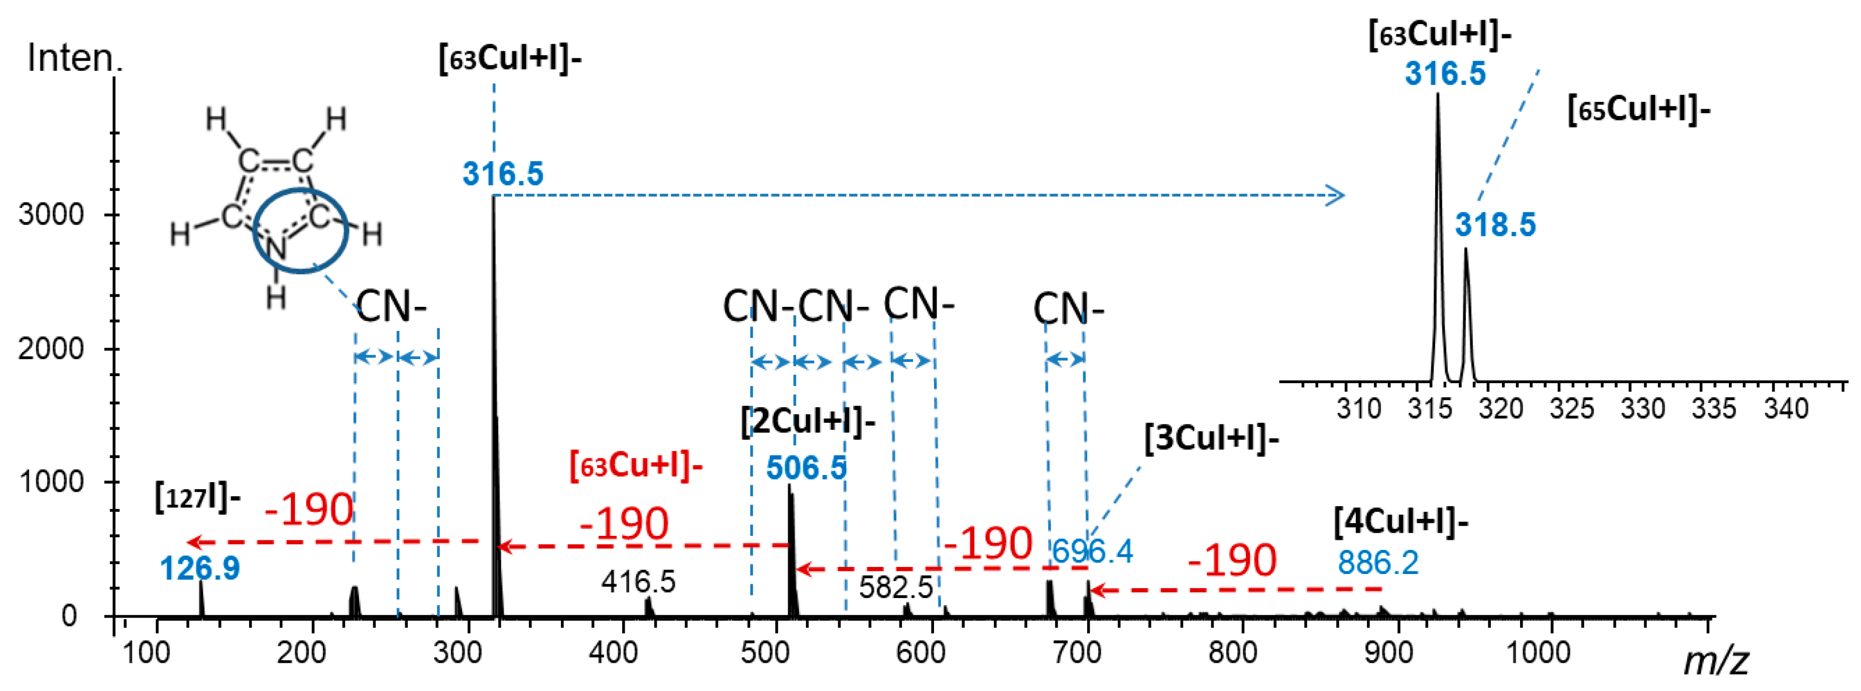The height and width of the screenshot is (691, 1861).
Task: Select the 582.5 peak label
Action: [896, 587]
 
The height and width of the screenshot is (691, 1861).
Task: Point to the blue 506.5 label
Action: [805, 469]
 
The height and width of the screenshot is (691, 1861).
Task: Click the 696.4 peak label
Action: [1092, 551]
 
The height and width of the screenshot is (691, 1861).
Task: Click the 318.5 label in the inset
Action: [1495, 225]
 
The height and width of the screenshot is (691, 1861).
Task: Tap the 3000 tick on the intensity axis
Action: [51, 214]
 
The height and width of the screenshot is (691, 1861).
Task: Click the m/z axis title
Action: [1715, 660]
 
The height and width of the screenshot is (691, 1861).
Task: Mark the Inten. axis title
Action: [74, 58]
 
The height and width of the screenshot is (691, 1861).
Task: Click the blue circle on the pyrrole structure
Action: [300, 230]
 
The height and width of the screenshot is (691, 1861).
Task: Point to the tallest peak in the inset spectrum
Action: [1437, 97]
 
